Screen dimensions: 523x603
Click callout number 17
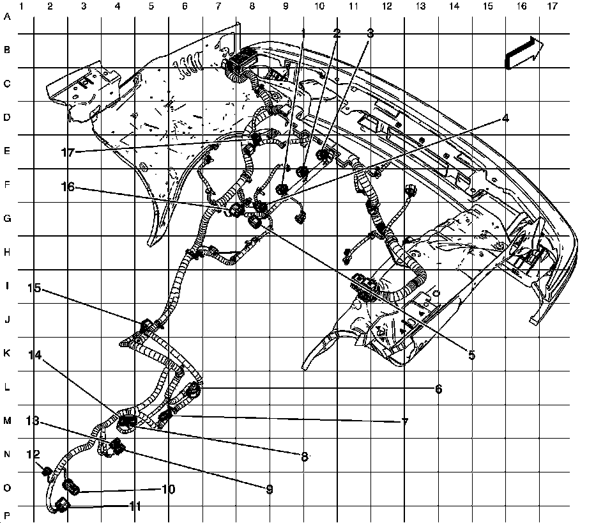68,152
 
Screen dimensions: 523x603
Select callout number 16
68,187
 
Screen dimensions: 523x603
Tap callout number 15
34,288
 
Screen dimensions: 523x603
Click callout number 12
33,455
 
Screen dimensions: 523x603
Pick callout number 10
168,489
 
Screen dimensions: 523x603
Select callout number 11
135,506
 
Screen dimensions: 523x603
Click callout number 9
270,489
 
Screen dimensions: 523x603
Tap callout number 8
304,456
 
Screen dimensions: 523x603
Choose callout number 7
404,422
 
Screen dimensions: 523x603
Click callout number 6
438,388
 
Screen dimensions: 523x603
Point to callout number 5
471,355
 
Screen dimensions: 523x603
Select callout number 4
505,118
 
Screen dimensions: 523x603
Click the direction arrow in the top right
524,52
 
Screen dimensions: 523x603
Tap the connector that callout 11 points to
61,506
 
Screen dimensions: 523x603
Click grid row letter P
8,515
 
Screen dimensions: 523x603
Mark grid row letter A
8,17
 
